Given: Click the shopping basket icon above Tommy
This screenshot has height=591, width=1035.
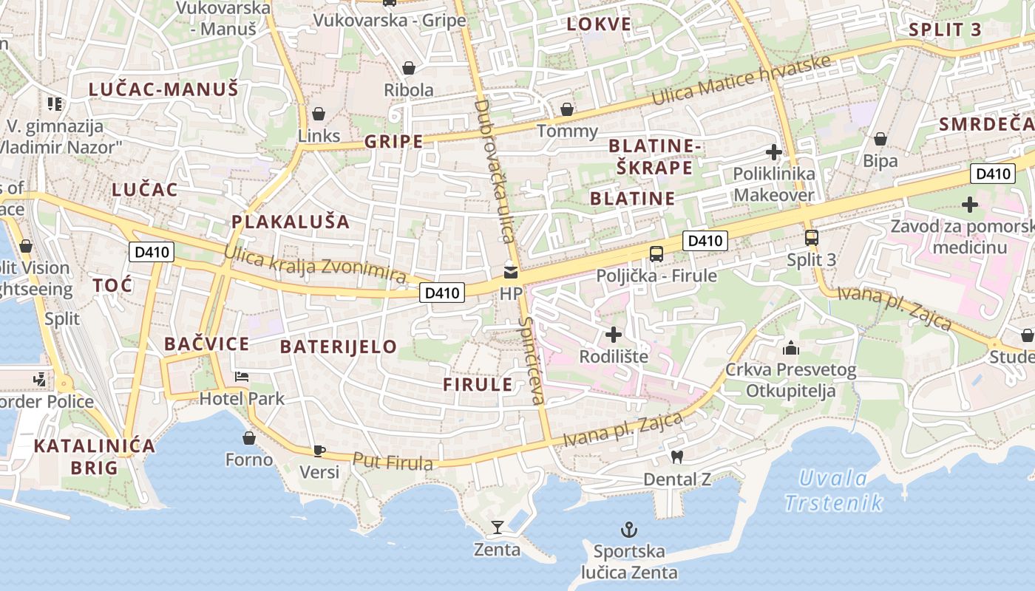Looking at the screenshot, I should pos(567,110).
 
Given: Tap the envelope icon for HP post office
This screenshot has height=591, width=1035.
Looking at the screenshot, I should pos(511,272).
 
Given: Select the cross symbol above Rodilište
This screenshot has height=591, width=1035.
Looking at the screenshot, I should pos(613,335).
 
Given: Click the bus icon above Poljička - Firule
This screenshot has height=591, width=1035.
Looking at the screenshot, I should pos(656,254).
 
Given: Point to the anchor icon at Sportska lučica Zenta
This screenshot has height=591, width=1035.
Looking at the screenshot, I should pos(628,530).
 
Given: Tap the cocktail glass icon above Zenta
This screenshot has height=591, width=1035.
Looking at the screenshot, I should pos(498,527).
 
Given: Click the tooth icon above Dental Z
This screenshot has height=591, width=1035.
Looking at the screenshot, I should pos(676,457).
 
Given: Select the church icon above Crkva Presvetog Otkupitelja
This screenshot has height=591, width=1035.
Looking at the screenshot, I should pos(790,347).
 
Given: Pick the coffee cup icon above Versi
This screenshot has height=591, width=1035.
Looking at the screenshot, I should pos(319,450).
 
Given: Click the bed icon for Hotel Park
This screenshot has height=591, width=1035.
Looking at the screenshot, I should pos(242,377).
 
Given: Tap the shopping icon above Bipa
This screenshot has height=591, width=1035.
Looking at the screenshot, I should pos(880,139).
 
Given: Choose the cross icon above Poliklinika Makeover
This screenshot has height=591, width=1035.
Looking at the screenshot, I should pos(774,153).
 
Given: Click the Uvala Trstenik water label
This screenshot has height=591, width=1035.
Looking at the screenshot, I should pos(834,491).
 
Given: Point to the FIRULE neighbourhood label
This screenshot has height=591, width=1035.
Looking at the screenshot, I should pos(478,384).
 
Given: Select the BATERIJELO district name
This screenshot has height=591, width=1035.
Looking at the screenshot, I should pos(339,346).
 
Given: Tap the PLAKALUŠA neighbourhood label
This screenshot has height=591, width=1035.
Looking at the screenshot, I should pos(291,222).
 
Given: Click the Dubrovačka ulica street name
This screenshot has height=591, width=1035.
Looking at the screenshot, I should pos(493,171).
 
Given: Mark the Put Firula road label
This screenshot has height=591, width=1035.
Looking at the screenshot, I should pos(393,462).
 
